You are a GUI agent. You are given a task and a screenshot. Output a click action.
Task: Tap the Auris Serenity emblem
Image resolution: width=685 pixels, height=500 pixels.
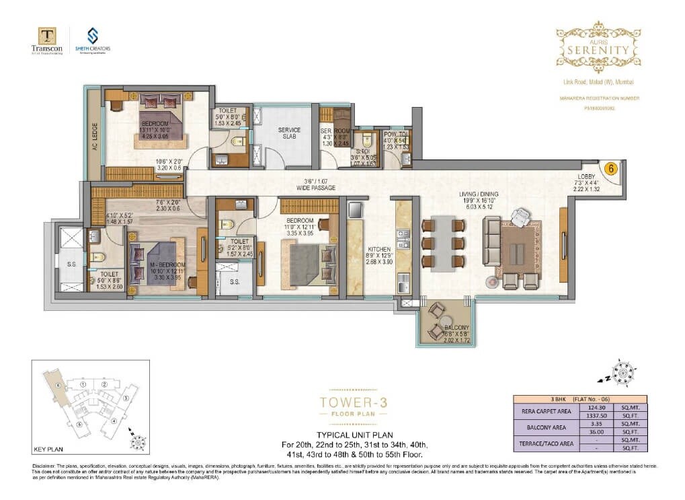point(598,46)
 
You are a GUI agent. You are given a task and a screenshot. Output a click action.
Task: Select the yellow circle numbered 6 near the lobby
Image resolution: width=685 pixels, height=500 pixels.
point(611,169)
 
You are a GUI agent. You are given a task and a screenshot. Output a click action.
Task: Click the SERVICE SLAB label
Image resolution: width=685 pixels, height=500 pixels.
point(289,133)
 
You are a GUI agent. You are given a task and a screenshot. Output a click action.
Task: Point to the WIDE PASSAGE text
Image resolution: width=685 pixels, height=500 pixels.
point(315,188)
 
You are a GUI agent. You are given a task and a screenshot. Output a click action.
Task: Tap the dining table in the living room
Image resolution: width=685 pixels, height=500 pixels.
point(443,244)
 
